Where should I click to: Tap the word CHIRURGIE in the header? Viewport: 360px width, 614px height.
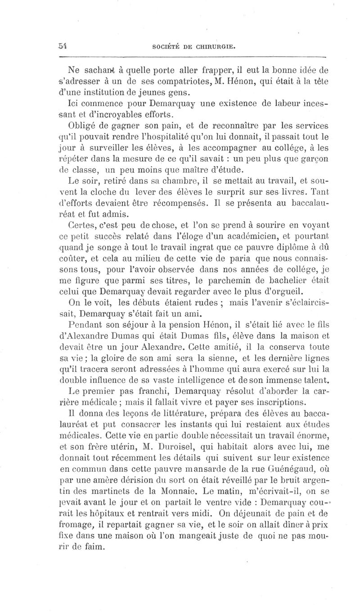coord(211,46)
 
